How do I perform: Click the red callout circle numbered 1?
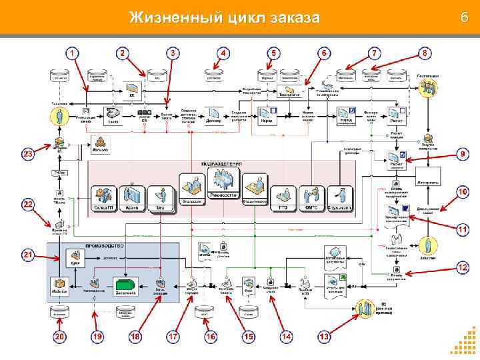71,53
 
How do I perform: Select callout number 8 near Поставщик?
425,52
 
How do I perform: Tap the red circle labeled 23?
28,155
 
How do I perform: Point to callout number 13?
325,337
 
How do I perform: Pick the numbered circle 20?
60,337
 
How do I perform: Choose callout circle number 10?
462,192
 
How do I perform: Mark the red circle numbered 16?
211,337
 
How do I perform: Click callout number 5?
273,53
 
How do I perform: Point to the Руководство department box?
223,184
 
